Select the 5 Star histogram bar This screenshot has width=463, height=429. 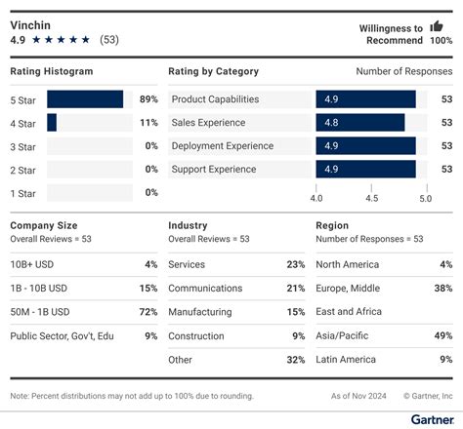point(85,99)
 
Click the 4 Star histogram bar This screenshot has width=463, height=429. point(52,123)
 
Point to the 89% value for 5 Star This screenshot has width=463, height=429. point(148,99)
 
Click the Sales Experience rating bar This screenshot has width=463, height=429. point(359,123)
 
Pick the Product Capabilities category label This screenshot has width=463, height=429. point(215,99)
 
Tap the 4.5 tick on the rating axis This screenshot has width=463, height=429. point(371,198)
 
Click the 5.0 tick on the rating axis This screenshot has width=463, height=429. point(426,198)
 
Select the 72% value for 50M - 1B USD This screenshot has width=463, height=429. point(148,312)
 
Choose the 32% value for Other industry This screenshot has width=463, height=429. point(296,360)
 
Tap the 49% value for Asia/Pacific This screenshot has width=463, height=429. point(442,336)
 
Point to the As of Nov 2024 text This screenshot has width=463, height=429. point(355,396)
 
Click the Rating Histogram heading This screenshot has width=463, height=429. point(52,71)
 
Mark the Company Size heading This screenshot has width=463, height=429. point(44,225)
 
